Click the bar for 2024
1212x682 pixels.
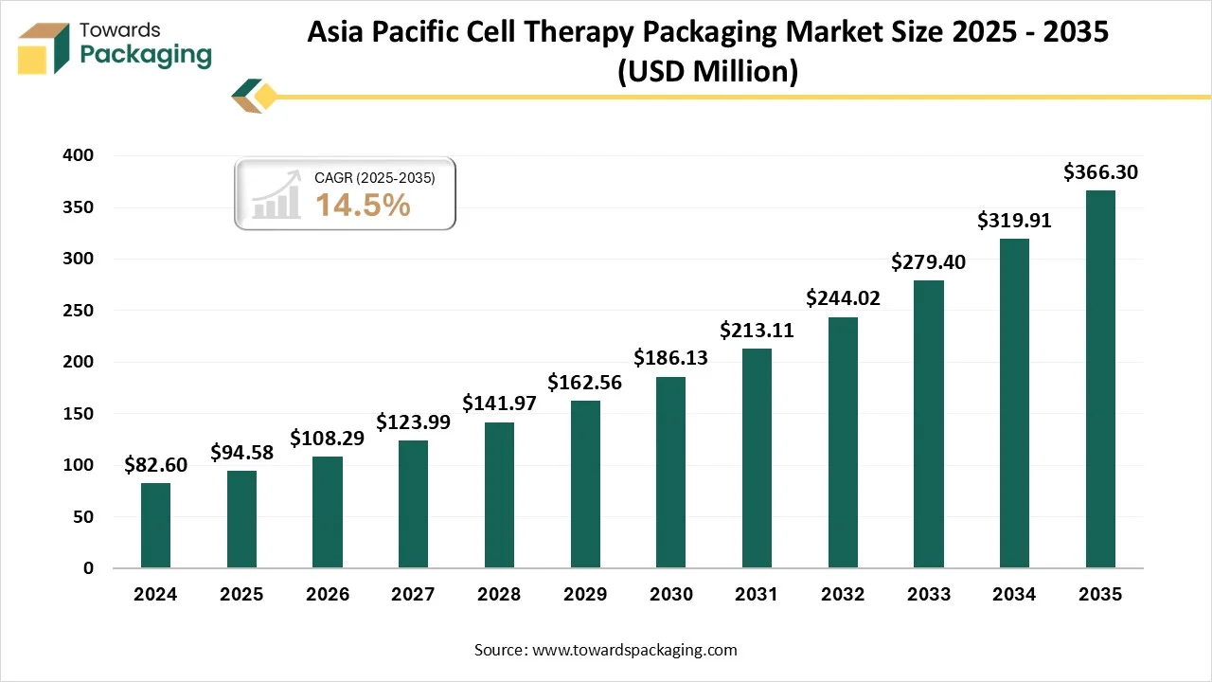point(155,526)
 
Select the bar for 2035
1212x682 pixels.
point(1100,379)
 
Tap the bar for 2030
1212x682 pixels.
point(670,473)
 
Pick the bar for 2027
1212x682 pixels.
point(413,504)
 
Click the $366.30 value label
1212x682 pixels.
point(1100,171)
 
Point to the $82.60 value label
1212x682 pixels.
point(155,464)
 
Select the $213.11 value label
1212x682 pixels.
point(757,330)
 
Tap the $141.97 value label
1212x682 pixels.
point(499,403)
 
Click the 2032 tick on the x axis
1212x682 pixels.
point(843,595)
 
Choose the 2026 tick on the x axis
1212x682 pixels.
point(327,595)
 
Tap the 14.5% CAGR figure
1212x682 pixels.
point(363,205)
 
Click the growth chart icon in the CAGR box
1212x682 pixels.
point(276,199)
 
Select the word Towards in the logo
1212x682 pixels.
point(120,30)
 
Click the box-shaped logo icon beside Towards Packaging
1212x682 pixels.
point(45,47)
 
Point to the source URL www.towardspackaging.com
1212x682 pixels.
point(634,650)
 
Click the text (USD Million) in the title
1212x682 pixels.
point(707,72)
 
